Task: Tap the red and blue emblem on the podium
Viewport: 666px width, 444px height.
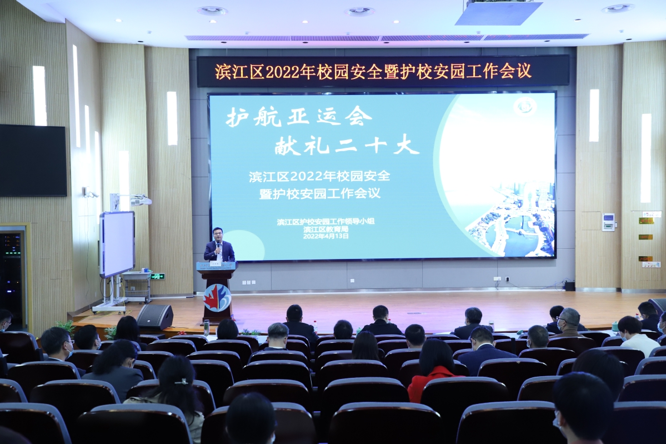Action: [217, 298]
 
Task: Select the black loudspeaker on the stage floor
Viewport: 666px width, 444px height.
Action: [155, 317]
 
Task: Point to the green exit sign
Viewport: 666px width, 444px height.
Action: [158, 276]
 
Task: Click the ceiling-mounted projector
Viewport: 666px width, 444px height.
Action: [498, 12]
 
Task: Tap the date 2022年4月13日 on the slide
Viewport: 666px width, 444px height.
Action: [326, 236]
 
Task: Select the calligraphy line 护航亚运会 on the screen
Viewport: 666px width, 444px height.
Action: [299, 116]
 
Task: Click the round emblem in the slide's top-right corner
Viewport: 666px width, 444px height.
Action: [524, 106]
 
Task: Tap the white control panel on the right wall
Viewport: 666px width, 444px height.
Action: [608, 222]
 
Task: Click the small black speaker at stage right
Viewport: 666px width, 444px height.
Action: [568, 286]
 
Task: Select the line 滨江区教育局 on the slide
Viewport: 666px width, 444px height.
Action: [326, 228]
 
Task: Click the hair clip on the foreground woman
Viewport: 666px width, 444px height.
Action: [182, 381]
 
